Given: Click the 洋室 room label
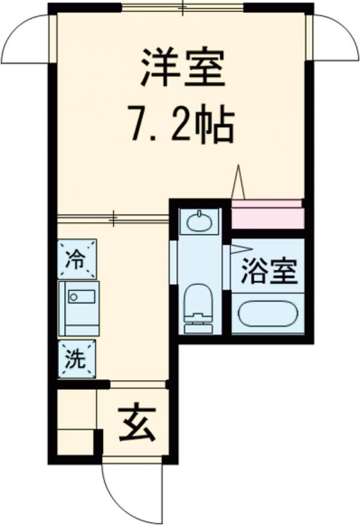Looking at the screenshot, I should click(183, 68).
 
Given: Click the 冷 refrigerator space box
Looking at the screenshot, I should click(77, 259).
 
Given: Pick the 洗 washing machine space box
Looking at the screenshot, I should click(77, 358).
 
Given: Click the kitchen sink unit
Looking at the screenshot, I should click(79, 308).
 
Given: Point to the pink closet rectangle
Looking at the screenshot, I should click(267, 215).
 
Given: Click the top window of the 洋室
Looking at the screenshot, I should click(183, 8).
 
